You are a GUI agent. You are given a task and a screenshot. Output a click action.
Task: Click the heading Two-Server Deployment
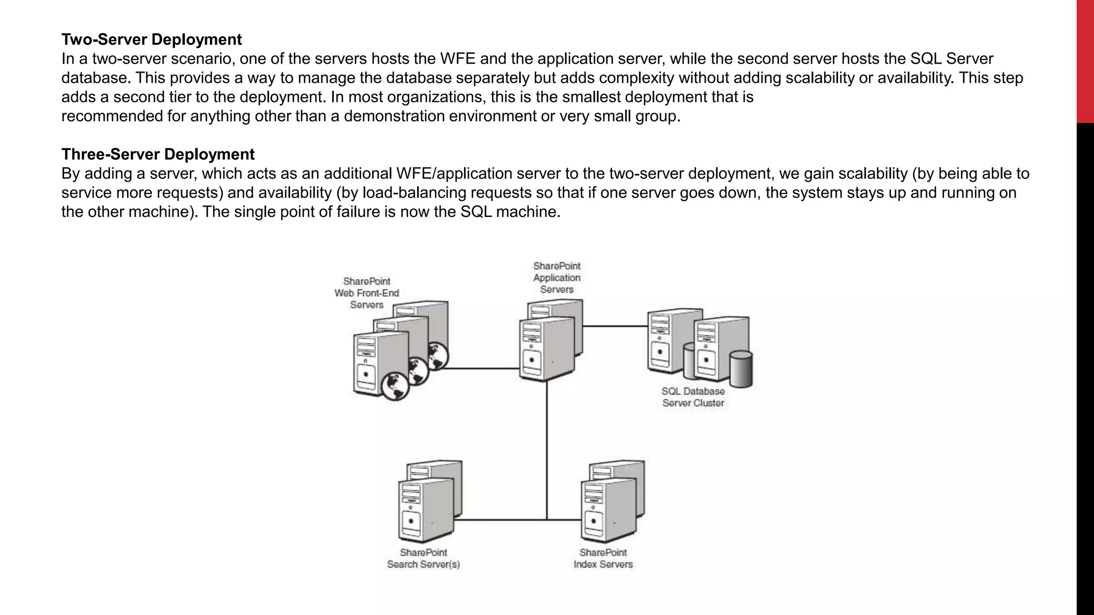click(151, 40)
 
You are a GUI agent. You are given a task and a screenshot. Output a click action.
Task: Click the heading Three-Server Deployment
click(158, 154)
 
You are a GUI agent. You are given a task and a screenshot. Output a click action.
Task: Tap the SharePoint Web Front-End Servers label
click(366, 293)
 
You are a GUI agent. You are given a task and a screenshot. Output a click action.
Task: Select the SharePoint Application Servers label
click(557, 278)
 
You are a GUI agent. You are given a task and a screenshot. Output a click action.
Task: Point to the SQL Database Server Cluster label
click(693, 397)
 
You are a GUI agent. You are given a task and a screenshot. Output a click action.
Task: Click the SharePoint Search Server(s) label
click(423, 558)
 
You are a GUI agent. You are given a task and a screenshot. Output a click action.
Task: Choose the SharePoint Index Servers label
click(603, 558)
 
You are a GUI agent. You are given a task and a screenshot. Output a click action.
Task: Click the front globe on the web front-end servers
click(395, 386)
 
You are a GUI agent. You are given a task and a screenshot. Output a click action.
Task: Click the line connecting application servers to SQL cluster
click(614, 326)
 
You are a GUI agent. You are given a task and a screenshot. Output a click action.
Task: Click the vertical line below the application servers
click(546, 448)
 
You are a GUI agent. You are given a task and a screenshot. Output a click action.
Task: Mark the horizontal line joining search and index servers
click(502, 519)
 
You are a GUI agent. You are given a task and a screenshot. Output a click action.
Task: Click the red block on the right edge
click(1085, 61)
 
